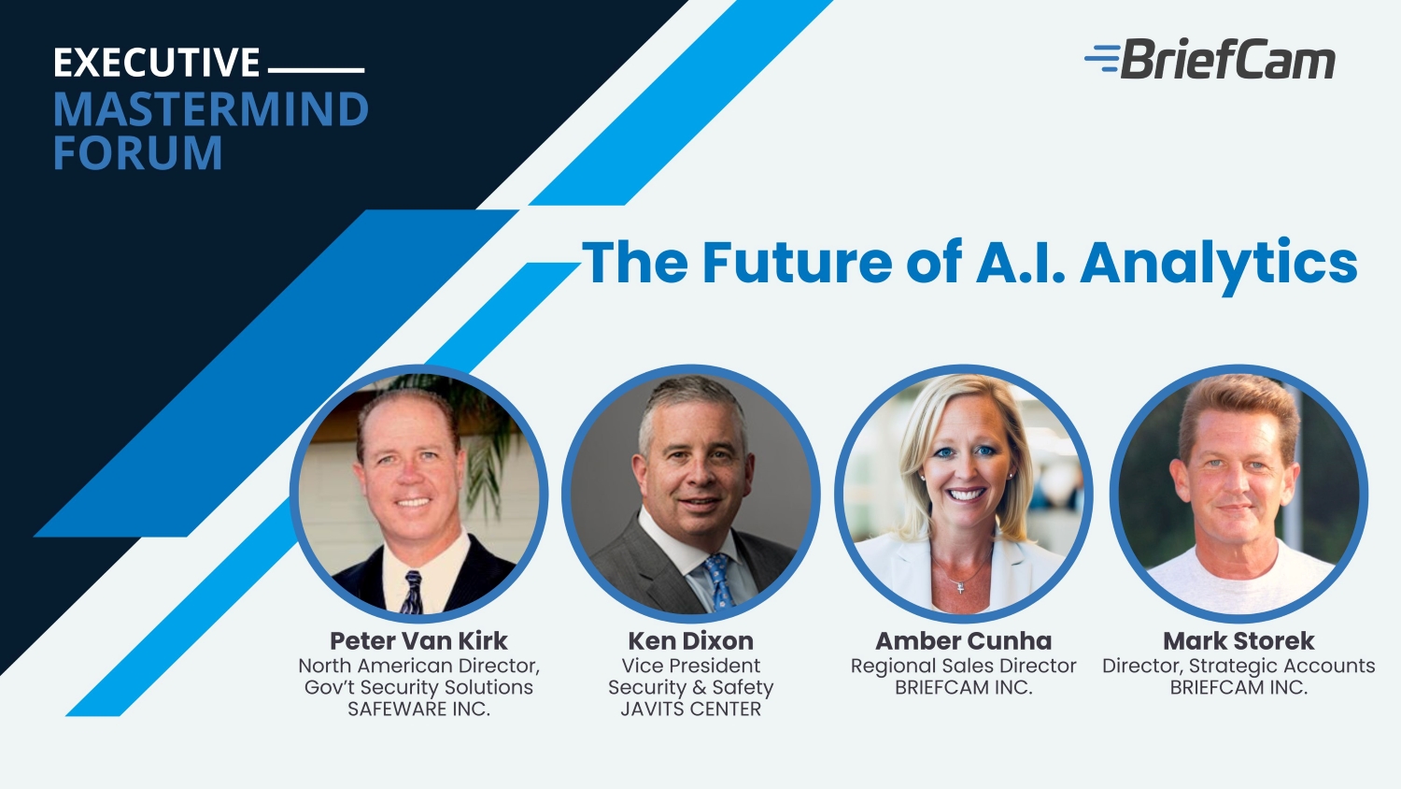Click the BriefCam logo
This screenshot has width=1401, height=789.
pos(1210,59)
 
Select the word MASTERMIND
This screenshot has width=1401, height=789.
pos(211,109)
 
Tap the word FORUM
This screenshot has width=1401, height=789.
pos(137,152)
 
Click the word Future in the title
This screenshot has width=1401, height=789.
pos(797,263)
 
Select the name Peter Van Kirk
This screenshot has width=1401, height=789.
pos(418,640)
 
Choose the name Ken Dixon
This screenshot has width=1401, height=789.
pos(690,640)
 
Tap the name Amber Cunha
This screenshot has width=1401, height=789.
pos(963,640)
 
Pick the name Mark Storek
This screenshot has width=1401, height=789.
pos(1238,640)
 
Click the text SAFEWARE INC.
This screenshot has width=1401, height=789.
pos(418,709)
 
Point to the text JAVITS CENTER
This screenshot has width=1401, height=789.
pos(690,709)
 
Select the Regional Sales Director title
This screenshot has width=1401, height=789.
pos(963,666)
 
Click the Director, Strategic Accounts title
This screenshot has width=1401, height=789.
pos(1238,666)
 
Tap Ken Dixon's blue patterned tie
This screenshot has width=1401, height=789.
pos(719,582)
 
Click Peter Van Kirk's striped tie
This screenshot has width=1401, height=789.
pos(412,592)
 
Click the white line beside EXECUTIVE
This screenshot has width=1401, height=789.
pos(316,70)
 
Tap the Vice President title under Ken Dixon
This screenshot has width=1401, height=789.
pos(690,666)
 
